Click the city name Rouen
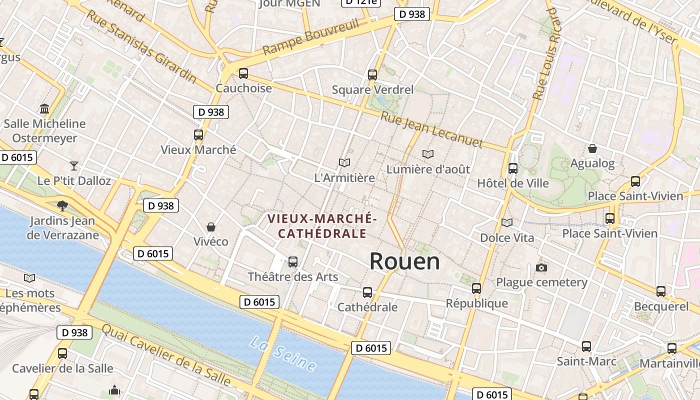(x=404, y=261)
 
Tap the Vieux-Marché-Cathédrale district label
(x=322, y=226)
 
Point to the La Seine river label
(x=283, y=353)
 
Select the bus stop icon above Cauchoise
(x=243, y=73)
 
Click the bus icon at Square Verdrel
(x=372, y=75)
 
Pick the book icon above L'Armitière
(x=344, y=162)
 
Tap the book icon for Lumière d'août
(x=427, y=154)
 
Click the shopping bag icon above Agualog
(x=592, y=148)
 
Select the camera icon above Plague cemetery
(x=541, y=267)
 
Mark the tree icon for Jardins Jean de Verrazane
(x=62, y=205)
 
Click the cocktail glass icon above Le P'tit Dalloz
(x=74, y=165)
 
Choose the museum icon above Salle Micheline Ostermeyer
(x=44, y=108)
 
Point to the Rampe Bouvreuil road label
(x=311, y=38)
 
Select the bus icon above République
(x=476, y=288)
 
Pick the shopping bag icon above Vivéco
(x=211, y=227)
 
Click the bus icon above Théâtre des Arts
(x=293, y=262)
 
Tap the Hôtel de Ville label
(x=513, y=183)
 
